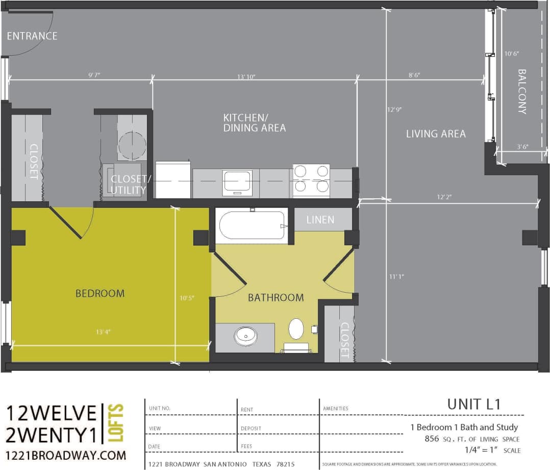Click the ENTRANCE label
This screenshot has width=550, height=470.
tap(32, 36)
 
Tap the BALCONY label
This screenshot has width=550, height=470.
tap(522, 91)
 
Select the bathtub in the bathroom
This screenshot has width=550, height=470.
tap(252, 225)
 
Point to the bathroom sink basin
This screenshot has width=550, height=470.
tap(246, 336)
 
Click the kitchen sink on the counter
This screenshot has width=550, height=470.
tap(237, 181)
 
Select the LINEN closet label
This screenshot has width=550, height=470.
tap(320, 220)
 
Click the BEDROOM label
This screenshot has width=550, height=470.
tap(100, 293)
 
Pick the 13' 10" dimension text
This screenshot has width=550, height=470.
tap(246, 77)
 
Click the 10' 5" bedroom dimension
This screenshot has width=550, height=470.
tap(187, 297)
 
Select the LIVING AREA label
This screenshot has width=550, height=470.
tap(436, 134)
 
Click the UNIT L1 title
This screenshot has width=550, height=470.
tap(474, 404)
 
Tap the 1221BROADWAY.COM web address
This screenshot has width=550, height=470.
tap(66, 455)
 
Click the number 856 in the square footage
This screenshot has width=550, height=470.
tap(432, 439)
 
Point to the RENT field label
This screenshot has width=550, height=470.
tap(246, 410)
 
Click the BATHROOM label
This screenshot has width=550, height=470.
tap(276, 297)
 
